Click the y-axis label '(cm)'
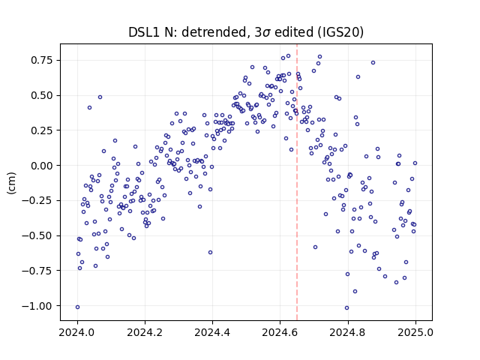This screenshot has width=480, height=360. (x=12, y=183)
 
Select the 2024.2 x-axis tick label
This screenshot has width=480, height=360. (x=145, y=332)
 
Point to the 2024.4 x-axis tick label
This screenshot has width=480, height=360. (x=212, y=332)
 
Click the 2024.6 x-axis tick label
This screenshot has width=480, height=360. (x=280, y=332)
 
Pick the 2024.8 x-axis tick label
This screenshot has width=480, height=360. (x=348, y=332)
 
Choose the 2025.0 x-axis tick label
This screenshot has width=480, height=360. (x=415, y=332)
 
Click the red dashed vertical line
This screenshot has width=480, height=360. (x=297, y=182)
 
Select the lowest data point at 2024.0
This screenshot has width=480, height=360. (x=77, y=307)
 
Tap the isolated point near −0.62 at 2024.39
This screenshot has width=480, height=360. (x=210, y=253)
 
